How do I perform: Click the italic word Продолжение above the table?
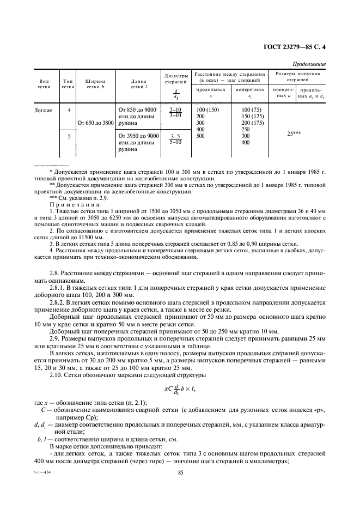pos(310,63)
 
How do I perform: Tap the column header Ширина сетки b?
pos(95,83)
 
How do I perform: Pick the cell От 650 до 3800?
pos(96,123)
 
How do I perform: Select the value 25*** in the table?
pos(298,132)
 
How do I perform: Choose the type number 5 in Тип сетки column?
pos(69,136)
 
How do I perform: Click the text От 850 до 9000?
pos(137,111)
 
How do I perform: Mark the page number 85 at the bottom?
pos(180,488)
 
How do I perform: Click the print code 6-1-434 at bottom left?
pos(41,487)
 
